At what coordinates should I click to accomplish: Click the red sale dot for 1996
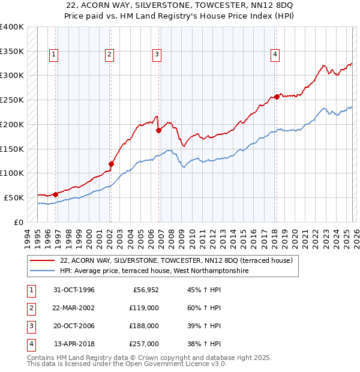coord(55,194)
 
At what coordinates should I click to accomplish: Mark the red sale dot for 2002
coord(111,163)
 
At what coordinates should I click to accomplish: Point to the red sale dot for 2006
coord(159,130)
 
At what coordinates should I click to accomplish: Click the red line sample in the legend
coord(42,260)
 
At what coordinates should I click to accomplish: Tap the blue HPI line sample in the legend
coord(42,271)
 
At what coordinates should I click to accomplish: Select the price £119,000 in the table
coord(144,308)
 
